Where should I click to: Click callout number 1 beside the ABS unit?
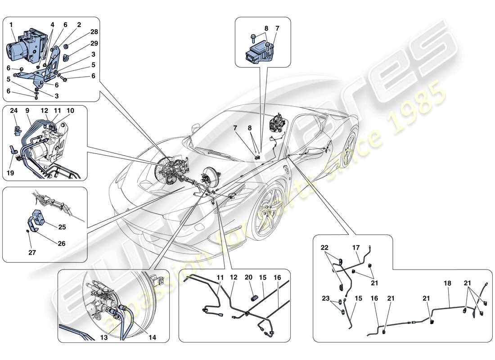coord(12,25)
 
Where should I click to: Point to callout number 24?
coord(14,111)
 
